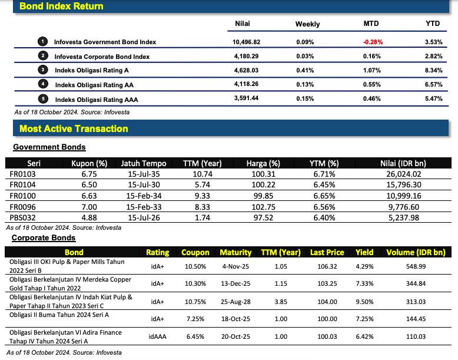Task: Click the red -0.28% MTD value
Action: pyautogui.click(x=373, y=42)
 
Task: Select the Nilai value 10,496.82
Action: pyautogui.click(x=246, y=42)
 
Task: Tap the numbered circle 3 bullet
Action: pyautogui.click(x=42, y=70)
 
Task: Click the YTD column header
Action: pyautogui.click(x=432, y=24)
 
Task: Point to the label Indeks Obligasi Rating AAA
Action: pyautogui.click(x=97, y=100)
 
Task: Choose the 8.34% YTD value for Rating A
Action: pyautogui.click(x=433, y=71)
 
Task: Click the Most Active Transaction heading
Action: pyautogui.click(x=74, y=128)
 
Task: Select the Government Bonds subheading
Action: pyautogui.click(x=49, y=147)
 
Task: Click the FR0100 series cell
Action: pyautogui.click(x=23, y=196)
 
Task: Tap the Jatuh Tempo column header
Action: pyautogui.click(x=144, y=163)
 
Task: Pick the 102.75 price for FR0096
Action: pyautogui.click(x=264, y=207)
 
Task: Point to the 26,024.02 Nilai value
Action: pyautogui.click(x=404, y=174)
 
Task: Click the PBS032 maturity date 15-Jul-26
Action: pyautogui.click(x=144, y=218)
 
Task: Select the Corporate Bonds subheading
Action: pyautogui.click(x=44, y=238)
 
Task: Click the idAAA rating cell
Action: pyautogui.click(x=157, y=336)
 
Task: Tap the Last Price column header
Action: pyautogui.click(x=327, y=252)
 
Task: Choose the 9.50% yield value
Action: pyautogui.click(x=364, y=302)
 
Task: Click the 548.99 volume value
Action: pyautogui.click(x=416, y=266)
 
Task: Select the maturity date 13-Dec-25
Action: pyautogui.click(x=235, y=283)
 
